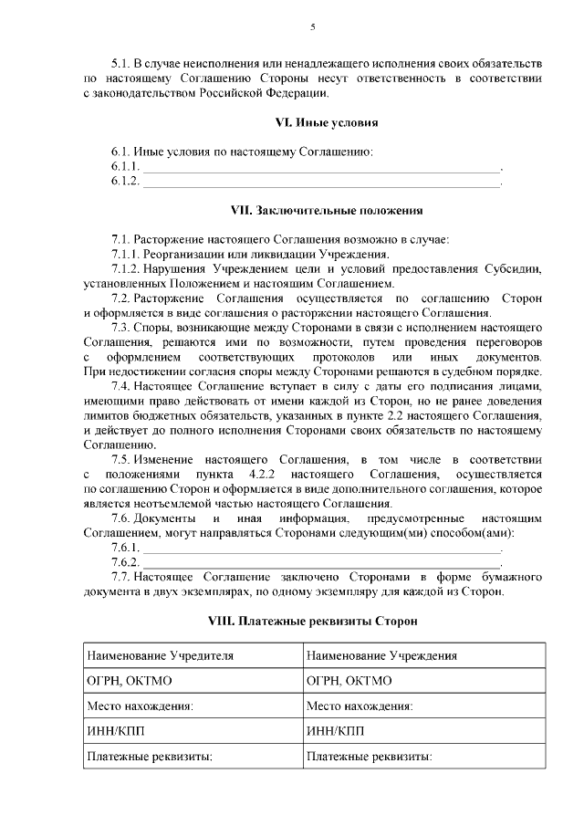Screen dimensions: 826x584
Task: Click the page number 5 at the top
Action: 312,26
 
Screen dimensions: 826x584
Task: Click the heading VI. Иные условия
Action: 312,121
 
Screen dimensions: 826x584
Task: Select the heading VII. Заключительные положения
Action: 312,210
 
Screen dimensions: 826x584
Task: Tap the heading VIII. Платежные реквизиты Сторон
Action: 312,622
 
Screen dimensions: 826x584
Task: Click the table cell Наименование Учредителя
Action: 193,655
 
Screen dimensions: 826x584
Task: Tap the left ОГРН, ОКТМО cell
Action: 193,681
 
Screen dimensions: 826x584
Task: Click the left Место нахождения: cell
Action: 193,706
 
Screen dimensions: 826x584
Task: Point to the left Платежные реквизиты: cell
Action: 193,757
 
